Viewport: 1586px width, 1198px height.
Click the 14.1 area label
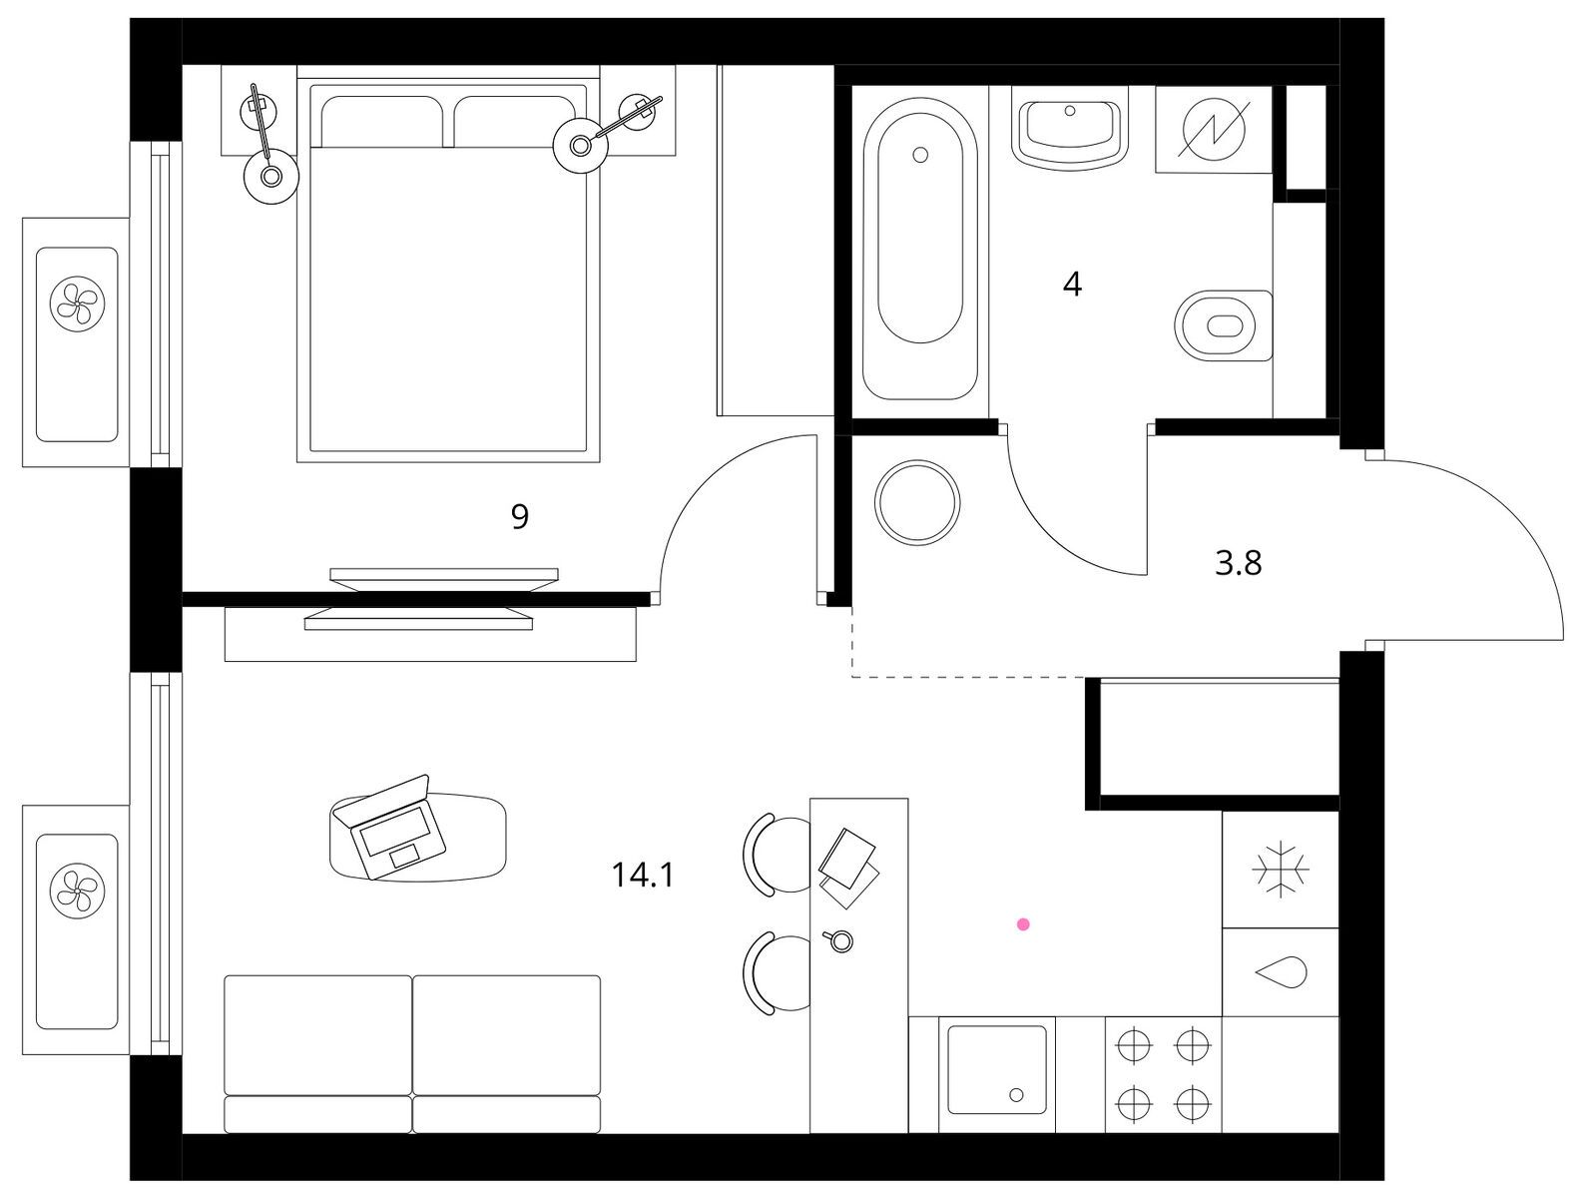(643, 875)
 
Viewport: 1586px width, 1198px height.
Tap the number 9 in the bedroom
(519, 516)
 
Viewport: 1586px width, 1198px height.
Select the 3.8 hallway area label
(1238, 564)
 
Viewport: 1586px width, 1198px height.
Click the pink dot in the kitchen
(1023, 924)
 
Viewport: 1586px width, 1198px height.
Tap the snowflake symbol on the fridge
(1281, 869)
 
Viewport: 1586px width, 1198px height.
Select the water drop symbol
(1282, 972)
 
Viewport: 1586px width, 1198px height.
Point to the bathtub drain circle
(920, 155)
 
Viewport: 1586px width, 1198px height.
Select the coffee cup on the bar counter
(838, 940)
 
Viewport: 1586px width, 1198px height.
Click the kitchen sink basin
(997, 1070)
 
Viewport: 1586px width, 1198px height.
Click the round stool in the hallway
(917, 503)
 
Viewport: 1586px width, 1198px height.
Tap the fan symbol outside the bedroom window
(77, 302)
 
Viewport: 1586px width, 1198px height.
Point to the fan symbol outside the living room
(77, 890)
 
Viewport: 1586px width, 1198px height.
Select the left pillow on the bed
(381, 122)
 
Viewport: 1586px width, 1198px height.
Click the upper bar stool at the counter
(777, 854)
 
